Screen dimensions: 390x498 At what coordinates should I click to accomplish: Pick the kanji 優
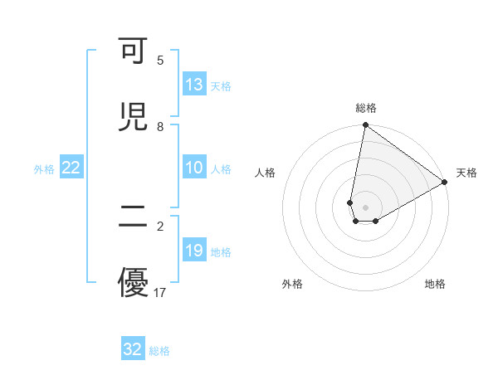(133, 282)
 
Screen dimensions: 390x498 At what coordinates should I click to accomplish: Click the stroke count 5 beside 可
(160, 61)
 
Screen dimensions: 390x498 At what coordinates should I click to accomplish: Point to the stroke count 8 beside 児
(160, 127)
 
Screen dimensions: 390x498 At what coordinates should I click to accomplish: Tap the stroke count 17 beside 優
(161, 292)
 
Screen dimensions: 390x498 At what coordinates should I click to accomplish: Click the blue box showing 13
(194, 85)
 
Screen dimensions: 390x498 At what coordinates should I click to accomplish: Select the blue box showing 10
(194, 168)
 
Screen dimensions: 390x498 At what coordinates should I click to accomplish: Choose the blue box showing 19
(194, 251)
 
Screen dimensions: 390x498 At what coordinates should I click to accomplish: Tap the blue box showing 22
(71, 168)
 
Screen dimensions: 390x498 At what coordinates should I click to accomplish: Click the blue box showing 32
(133, 349)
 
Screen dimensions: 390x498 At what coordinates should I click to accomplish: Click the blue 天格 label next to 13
(221, 85)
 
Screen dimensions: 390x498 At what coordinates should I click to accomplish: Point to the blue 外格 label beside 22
(44, 168)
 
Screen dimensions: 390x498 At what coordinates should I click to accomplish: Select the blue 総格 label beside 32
(159, 351)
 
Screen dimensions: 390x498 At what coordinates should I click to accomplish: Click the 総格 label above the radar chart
(366, 108)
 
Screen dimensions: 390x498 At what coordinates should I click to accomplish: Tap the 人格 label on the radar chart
(266, 173)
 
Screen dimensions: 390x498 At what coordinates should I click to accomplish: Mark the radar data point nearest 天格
(445, 183)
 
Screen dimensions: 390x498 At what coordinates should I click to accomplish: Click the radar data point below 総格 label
(365, 126)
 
